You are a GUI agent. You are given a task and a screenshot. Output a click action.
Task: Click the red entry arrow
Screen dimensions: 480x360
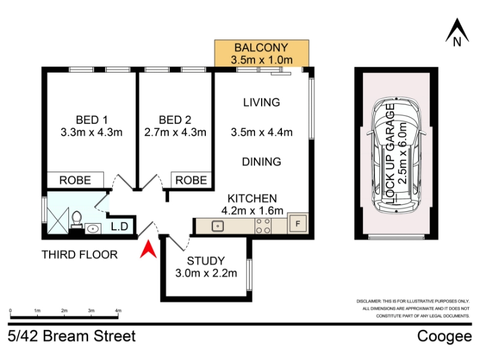coord(148,250)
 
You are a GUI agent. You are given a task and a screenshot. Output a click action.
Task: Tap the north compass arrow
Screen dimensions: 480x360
coord(457,31)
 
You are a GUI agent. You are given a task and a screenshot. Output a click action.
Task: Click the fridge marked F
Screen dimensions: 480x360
coord(298,224)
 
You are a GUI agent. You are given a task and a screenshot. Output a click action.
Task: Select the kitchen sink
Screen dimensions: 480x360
coord(218,226)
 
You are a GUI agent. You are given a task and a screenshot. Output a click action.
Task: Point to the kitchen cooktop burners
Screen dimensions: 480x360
coord(263,226)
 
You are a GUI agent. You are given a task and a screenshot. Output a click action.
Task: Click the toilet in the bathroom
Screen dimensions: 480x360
coord(77,220)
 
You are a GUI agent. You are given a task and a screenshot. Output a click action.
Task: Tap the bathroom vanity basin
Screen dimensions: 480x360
coord(93,229)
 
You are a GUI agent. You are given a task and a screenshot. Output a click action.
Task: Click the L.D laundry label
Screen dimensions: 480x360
coord(119,227)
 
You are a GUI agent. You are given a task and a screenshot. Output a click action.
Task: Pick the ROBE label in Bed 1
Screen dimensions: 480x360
coord(75,181)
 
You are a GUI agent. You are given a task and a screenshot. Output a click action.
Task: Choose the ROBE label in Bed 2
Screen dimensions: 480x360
coord(191,181)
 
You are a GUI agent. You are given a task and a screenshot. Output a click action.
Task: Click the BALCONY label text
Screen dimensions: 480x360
coord(261,48)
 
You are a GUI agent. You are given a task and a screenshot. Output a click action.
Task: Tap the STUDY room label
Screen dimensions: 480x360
coord(206,261)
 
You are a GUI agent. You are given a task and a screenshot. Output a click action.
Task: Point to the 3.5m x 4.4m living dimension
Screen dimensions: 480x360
coord(262,132)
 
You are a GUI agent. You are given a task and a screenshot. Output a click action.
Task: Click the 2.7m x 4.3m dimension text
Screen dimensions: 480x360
coord(175,132)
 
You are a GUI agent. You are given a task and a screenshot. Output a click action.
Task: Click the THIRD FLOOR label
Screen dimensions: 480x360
coord(80,254)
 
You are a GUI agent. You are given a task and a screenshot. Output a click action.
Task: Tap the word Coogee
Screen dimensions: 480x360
coord(445,337)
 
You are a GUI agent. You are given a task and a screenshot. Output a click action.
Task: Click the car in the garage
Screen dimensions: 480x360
coord(397,156)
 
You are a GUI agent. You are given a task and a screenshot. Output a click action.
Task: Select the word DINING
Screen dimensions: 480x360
coord(262,161)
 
